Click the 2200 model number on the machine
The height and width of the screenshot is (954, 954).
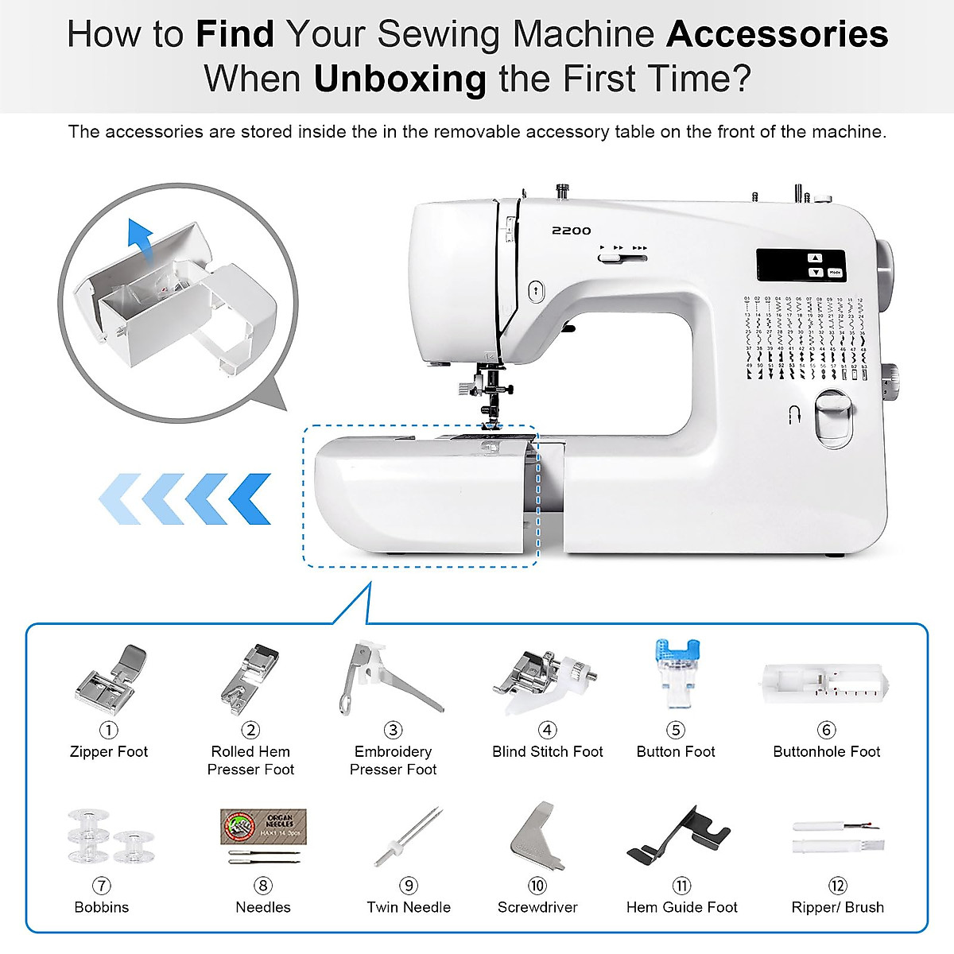[x=572, y=231]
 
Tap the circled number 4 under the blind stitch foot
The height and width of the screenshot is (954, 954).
[x=547, y=730]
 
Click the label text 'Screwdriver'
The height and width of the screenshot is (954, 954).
[x=537, y=907]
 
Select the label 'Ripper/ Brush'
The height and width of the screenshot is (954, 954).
[x=837, y=907]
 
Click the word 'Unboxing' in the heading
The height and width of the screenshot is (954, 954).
[x=400, y=79]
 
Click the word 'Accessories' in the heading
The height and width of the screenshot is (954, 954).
[x=777, y=34]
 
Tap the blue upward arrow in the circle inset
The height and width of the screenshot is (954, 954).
[x=140, y=236]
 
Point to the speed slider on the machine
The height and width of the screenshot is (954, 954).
[x=622, y=256]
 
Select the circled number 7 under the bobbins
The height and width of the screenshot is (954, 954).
[x=101, y=886]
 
